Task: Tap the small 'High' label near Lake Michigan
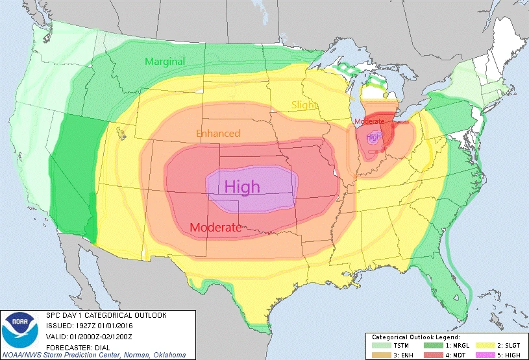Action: coord(374,138)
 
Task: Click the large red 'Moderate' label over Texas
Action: coord(216,228)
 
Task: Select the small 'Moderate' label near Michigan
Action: coord(369,121)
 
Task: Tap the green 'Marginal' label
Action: coord(164,61)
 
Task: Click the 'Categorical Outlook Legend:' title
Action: coord(416,337)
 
